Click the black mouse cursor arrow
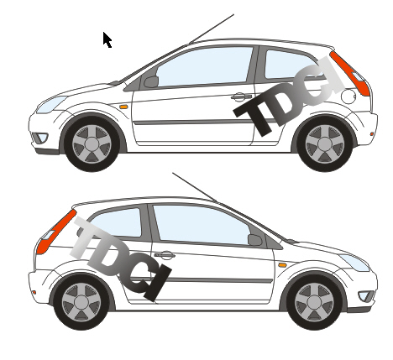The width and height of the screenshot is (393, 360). click(107, 39)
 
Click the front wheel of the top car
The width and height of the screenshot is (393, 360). click(92, 143)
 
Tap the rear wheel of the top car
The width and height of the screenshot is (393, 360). click(325, 144)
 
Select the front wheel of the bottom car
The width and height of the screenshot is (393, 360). click(314, 302)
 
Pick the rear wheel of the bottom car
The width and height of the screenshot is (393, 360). click(81, 302)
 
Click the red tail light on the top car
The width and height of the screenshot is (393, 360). click(350, 74)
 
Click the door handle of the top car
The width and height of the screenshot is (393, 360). click(241, 97)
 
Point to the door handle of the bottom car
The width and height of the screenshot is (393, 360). click(165, 255)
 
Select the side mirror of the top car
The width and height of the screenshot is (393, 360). click(151, 81)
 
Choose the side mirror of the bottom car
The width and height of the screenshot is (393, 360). click(255, 240)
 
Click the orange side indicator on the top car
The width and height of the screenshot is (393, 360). click(123, 107)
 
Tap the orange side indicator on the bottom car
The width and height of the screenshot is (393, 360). click(282, 265)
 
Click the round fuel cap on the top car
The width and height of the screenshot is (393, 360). click(348, 97)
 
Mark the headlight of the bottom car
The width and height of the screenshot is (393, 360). click(355, 263)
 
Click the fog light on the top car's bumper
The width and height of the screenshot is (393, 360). click(40, 138)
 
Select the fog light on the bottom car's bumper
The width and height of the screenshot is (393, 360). click(366, 296)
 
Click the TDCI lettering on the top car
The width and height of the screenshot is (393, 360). click(289, 97)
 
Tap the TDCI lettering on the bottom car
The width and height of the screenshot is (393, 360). click(120, 258)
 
